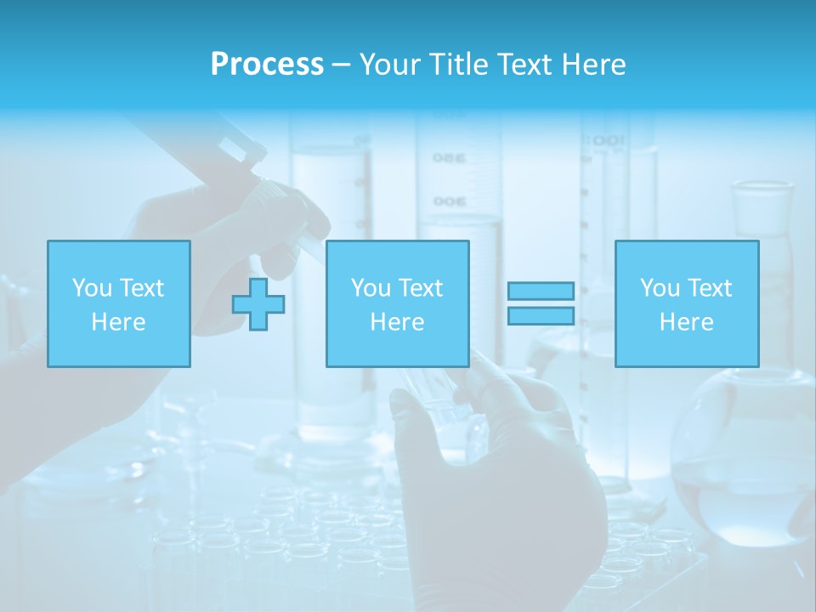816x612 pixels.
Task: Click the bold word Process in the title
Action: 267,65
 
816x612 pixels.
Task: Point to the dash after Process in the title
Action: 341,65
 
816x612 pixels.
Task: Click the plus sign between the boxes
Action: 258,303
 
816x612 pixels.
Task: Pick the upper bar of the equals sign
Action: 541,292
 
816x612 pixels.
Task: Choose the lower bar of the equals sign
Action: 541,315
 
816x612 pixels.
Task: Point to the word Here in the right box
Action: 686,322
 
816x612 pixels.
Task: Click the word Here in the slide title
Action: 594,65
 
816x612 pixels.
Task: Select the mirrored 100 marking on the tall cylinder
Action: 609,140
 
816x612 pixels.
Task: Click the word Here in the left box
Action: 118,322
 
